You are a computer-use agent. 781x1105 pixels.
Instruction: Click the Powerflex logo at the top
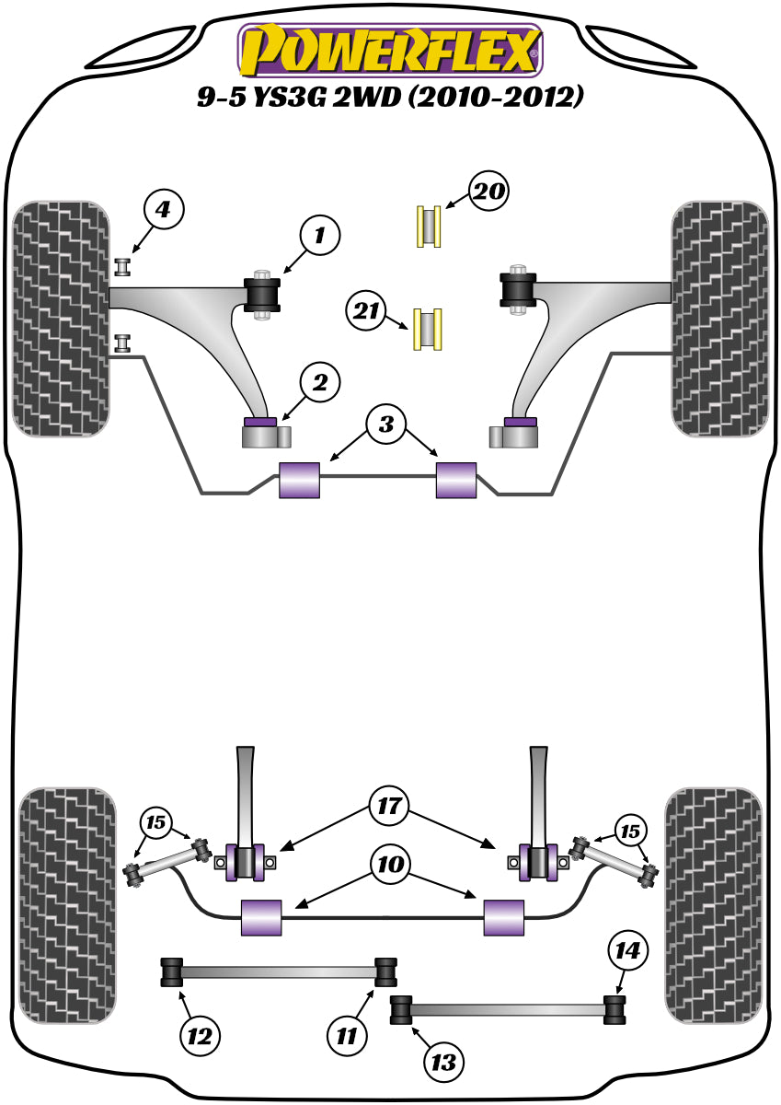390,50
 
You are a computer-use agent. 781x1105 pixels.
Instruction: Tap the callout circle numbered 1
318,237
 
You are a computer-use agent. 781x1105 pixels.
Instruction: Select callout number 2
318,382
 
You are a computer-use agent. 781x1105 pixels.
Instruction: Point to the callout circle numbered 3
385,425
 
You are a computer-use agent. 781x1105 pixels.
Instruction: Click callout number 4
162,211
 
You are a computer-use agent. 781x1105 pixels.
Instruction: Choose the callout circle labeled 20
488,192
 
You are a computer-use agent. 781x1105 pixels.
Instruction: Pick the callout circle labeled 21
367,312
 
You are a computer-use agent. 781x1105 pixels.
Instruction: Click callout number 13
444,1062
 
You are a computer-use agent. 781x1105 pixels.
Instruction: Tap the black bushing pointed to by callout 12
171,971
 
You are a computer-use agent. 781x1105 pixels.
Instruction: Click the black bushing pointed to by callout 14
614,1008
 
